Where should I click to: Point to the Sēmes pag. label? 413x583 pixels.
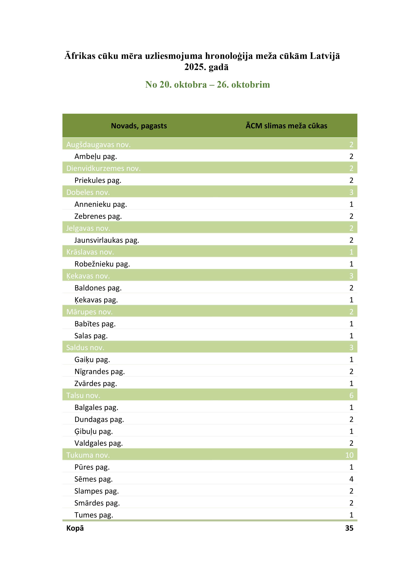pos(93,479)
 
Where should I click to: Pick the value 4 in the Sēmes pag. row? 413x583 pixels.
pos(351,479)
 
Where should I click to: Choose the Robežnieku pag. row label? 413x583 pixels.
pos(102,264)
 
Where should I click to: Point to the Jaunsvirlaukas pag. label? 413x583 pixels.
pos(107,240)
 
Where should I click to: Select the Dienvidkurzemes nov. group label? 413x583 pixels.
pos(103,168)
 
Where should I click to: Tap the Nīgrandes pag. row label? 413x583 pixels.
pos(99,372)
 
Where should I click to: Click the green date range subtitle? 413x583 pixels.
pos(207,85)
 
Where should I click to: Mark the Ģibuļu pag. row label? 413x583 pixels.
pos(93,431)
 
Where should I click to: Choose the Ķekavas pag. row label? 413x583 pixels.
pos(96,300)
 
